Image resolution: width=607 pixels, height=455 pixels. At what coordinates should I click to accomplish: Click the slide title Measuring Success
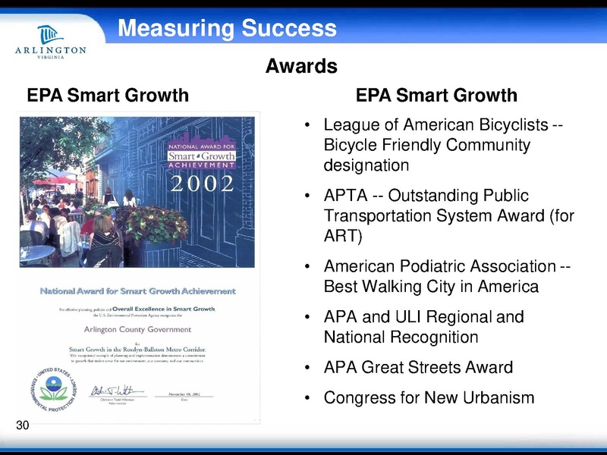click(227, 29)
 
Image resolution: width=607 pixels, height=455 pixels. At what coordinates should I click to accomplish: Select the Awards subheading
click(301, 67)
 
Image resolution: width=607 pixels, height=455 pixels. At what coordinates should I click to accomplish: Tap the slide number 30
click(23, 426)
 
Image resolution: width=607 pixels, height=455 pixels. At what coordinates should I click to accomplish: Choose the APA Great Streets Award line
click(418, 368)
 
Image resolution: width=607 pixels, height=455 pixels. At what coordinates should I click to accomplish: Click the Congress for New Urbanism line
click(429, 397)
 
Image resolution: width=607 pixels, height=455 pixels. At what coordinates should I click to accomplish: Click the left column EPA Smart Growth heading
click(108, 96)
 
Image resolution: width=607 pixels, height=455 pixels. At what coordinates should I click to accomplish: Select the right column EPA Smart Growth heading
click(436, 96)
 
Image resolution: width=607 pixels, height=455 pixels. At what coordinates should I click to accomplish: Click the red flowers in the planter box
click(156, 224)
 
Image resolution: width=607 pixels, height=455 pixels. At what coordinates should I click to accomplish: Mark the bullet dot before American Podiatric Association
click(307, 267)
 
